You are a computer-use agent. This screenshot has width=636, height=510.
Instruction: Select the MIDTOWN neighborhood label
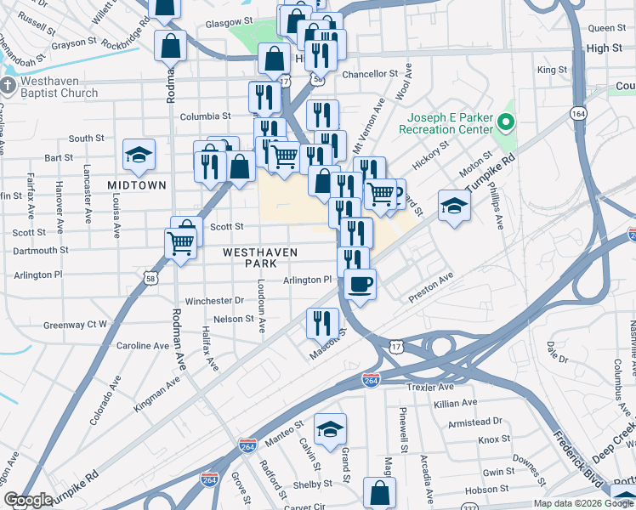point(137,184)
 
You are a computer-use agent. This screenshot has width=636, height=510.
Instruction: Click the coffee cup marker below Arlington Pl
point(361,284)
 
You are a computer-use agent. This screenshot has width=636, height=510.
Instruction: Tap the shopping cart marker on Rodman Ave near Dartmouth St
point(180,244)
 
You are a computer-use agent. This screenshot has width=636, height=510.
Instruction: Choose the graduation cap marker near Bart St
point(139,155)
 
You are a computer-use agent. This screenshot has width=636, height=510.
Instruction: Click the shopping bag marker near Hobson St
point(379,492)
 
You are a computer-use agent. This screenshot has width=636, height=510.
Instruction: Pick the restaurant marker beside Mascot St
point(322,323)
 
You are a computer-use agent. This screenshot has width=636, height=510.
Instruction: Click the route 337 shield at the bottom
point(472,507)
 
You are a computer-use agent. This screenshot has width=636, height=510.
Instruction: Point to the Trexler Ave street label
point(434,387)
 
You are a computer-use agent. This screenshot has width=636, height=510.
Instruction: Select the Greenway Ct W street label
point(76,325)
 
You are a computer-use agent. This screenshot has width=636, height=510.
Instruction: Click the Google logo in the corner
point(28,500)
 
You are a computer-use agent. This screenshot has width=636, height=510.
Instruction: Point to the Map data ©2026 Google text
point(582,503)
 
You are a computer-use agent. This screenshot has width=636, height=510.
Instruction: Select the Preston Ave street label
point(431,287)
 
